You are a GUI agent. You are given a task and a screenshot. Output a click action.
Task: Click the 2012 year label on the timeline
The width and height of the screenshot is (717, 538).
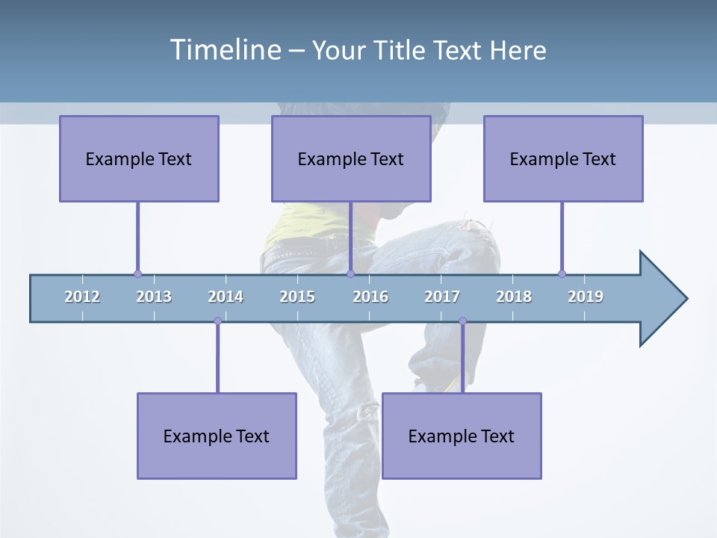82,297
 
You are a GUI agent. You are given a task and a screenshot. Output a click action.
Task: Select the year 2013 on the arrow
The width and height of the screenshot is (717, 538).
154,297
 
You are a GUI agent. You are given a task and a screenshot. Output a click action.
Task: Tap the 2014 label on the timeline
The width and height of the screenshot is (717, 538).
226,297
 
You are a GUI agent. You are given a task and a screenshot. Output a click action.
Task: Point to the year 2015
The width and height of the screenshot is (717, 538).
297,297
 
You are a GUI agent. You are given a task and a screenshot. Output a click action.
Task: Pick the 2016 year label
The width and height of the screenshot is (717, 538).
370,297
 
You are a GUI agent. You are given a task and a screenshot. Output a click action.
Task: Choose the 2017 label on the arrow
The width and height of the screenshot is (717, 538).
442,297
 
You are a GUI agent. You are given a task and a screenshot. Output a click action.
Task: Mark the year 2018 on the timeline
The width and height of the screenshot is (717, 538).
514,297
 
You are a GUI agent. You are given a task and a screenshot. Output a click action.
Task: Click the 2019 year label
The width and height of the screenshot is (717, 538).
586,297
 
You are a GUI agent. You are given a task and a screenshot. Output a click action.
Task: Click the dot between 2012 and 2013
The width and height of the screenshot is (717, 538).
137,274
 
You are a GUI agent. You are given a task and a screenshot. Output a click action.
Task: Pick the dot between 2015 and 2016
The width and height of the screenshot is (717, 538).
350,274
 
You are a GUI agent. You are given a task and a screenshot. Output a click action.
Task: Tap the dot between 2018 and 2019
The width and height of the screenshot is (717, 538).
562,274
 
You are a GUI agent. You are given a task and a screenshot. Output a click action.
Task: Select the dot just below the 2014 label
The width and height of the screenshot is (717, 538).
217,321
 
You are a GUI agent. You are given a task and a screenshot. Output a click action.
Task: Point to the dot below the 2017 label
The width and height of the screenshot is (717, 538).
462,321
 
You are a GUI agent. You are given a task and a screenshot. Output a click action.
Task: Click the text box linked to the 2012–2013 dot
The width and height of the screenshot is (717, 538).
139,158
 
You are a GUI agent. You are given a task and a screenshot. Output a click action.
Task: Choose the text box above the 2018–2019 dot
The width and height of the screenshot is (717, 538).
563,158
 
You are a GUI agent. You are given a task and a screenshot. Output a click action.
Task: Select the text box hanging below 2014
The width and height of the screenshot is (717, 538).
217,436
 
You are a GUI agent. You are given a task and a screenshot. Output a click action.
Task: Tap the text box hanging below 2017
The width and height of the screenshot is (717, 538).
462,436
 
